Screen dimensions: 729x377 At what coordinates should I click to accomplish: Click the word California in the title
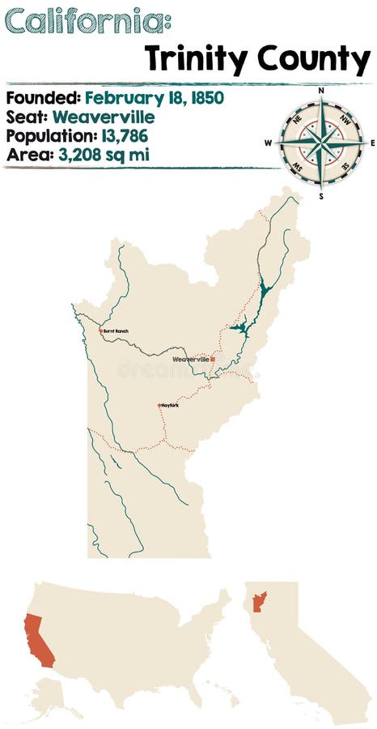(x=81, y=22)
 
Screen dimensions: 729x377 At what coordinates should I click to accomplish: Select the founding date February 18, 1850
(x=154, y=98)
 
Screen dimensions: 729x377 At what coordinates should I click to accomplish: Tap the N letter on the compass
(x=321, y=92)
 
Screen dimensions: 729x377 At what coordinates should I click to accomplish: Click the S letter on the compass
(x=321, y=195)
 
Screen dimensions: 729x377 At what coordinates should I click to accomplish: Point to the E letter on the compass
(x=372, y=143)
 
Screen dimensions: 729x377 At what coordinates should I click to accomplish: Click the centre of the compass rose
(x=321, y=143)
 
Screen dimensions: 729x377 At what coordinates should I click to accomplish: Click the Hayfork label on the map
(x=170, y=405)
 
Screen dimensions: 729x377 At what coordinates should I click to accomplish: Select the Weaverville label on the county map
(x=191, y=359)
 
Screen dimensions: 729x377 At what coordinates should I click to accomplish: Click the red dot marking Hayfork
(x=160, y=405)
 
